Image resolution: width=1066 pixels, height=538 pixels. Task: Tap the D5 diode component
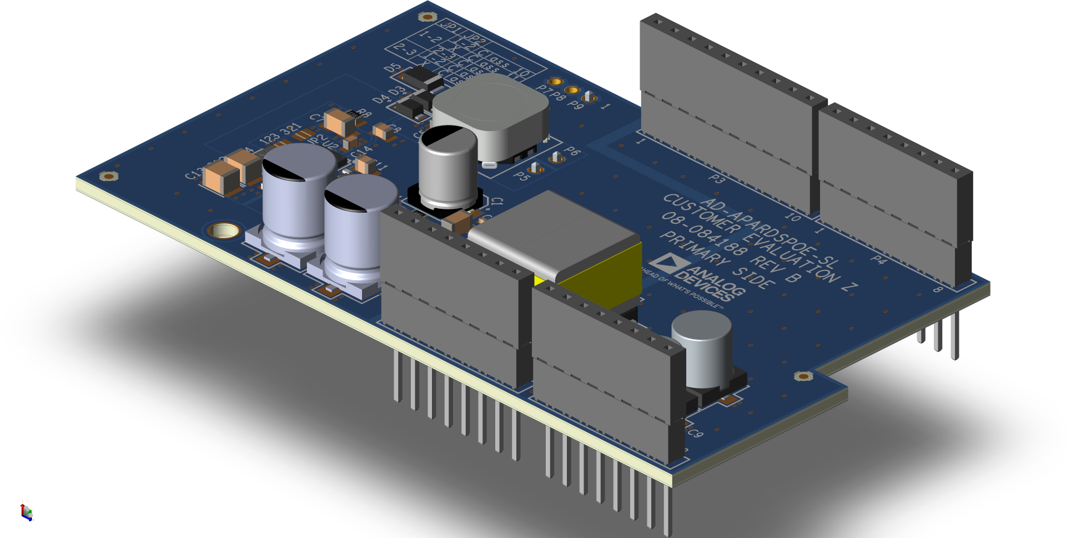coord(422,78)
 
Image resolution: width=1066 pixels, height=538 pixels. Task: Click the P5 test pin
coord(535,167)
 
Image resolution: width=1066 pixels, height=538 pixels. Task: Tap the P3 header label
coord(717,179)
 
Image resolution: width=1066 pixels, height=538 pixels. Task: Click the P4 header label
coord(878,259)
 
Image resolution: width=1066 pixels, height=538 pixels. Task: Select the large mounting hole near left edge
coord(224,230)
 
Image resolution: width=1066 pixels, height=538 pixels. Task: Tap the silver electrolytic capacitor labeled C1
coord(447,167)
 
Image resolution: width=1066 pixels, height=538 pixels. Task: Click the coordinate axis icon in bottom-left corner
coord(26,511)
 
